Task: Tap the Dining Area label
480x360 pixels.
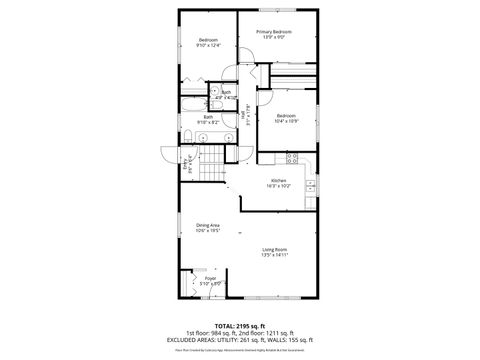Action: tap(207, 225)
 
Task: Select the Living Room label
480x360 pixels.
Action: tap(274, 249)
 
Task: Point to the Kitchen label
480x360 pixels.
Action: tap(278, 180)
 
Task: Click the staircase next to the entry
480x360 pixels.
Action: tap(207, 174)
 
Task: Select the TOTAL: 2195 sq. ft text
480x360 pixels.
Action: tap(240, 325)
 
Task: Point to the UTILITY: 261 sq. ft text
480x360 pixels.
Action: tap(247, 340)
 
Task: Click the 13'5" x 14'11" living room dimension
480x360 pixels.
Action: tap(274, 255)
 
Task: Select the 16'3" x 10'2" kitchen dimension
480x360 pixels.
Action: tap(278, 186)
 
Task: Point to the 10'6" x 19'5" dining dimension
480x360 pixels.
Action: tap(207, 231)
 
